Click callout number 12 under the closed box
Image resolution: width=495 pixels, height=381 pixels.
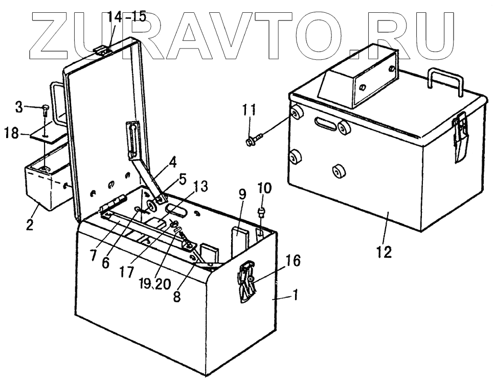[384, 252]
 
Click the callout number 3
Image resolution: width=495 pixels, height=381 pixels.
[18, 107]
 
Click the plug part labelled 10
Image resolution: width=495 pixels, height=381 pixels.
[261, 212]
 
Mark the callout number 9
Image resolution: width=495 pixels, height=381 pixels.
[242, 194]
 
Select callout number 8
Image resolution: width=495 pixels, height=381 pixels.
[177, 297]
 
